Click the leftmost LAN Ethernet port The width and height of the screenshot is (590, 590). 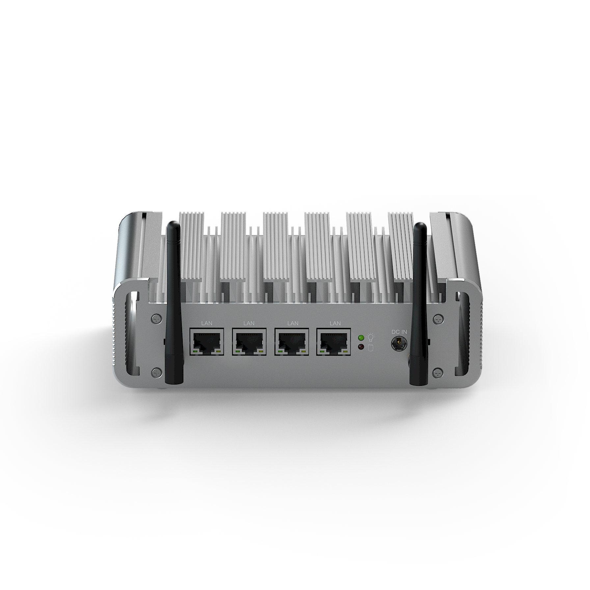point(206,341)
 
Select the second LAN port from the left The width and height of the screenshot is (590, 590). point(249,341)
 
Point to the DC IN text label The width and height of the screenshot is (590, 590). point(399,332)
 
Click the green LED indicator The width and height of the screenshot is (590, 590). point(361,337)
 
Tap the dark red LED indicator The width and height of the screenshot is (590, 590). point(361,347)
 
